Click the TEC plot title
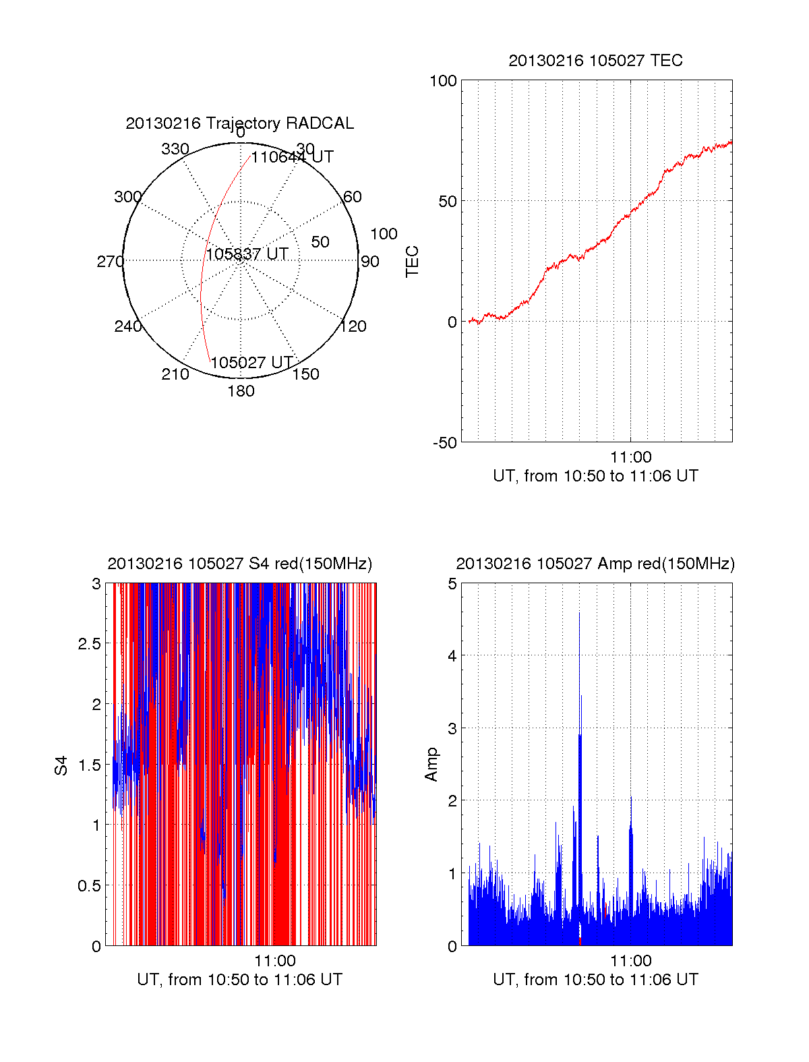point(595,61)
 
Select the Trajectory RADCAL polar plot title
point(239,123)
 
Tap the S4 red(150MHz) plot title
point(239,564)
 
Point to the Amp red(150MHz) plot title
point(595,564)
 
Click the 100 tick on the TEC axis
point(443,81)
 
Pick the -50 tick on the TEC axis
point(444,443)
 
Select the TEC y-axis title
point(412,262)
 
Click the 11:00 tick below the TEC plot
point(630,458)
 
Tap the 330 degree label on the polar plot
point(175,149)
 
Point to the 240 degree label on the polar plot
point(127,326)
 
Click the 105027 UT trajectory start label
point(251,363)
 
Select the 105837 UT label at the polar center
point(247,254)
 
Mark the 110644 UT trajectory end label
point(292,157)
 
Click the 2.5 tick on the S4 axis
point(90,644)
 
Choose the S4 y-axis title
point(61,765)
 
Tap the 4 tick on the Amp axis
point(452,655)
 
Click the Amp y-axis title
point(431,765)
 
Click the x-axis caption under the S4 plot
point(239,980)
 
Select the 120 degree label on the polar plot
point(353,326)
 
